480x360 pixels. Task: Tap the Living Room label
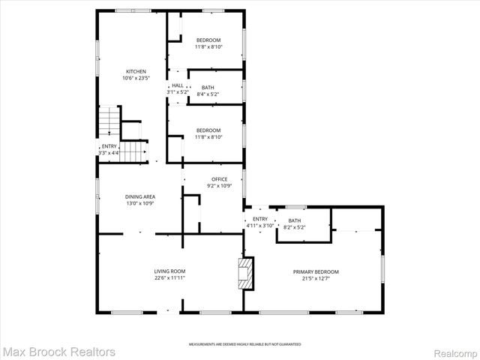(x=169, y=271)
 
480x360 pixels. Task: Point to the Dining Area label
(x=139, y=196)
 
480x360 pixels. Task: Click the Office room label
(x=219, y=178)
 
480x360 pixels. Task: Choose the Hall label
(x=178, y=85)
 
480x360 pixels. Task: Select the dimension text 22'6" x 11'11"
(x=169, y=278)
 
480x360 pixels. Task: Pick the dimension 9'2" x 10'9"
(x=219, y=185)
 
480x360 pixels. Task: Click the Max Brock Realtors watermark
(x=59, y=351)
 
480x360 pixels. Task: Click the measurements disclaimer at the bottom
(x=244, y=343)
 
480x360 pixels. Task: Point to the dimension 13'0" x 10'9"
(x=139, y=203)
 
